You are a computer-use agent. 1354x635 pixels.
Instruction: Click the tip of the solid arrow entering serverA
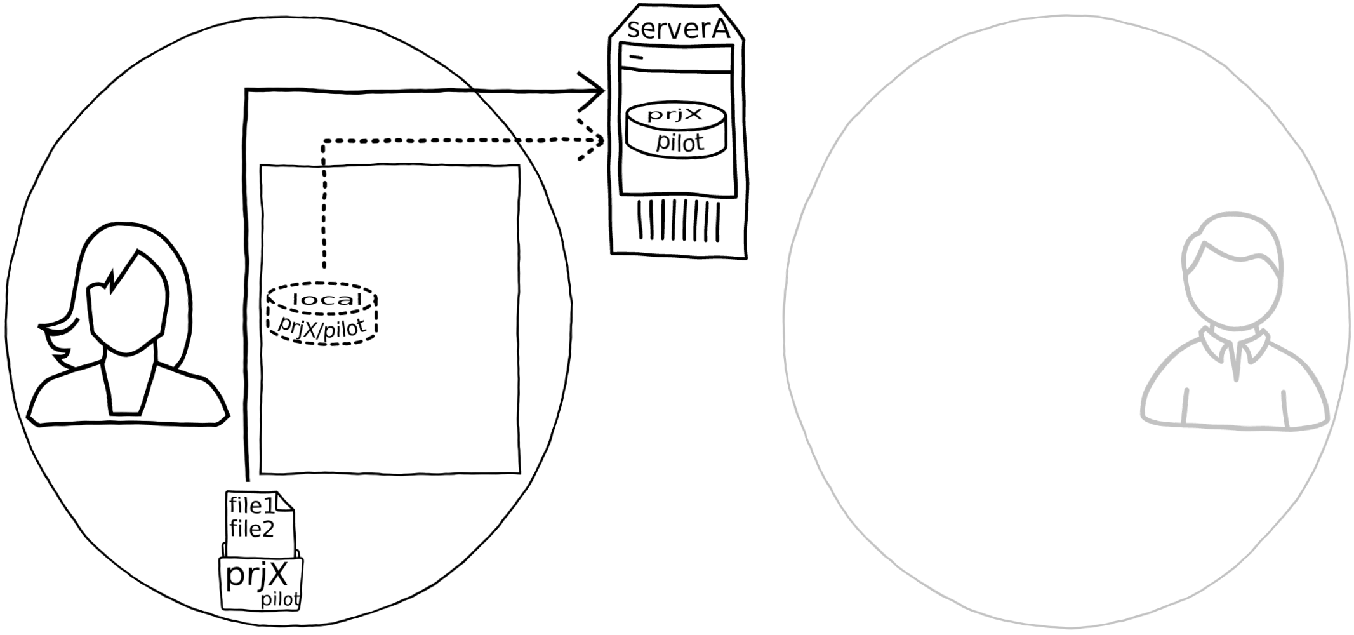pos(604,91)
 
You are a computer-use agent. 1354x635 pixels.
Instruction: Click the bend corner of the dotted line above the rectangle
pos(324,142)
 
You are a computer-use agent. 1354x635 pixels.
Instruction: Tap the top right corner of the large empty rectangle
pos(519,166)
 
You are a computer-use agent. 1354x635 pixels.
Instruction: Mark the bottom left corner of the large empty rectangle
pos(262,473)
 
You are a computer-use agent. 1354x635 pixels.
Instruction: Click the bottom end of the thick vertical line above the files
pos(247,481)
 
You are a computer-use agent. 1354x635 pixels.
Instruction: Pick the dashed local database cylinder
pos(322,314)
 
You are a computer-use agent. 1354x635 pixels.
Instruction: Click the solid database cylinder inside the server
pos(676,130)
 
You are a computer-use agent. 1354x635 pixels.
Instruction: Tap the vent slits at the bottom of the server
pos(679,220)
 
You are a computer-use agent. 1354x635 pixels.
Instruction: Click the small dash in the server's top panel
pos(636,57)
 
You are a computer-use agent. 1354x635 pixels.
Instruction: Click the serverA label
pos(677,29)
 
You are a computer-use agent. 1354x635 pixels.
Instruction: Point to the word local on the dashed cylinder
pos(326,299)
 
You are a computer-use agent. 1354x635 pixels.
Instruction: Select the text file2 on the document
pos(252,528)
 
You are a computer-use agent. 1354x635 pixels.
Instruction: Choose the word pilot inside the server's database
pos(680,142)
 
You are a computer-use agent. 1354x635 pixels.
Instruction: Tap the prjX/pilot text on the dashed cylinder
pos(322,326)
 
